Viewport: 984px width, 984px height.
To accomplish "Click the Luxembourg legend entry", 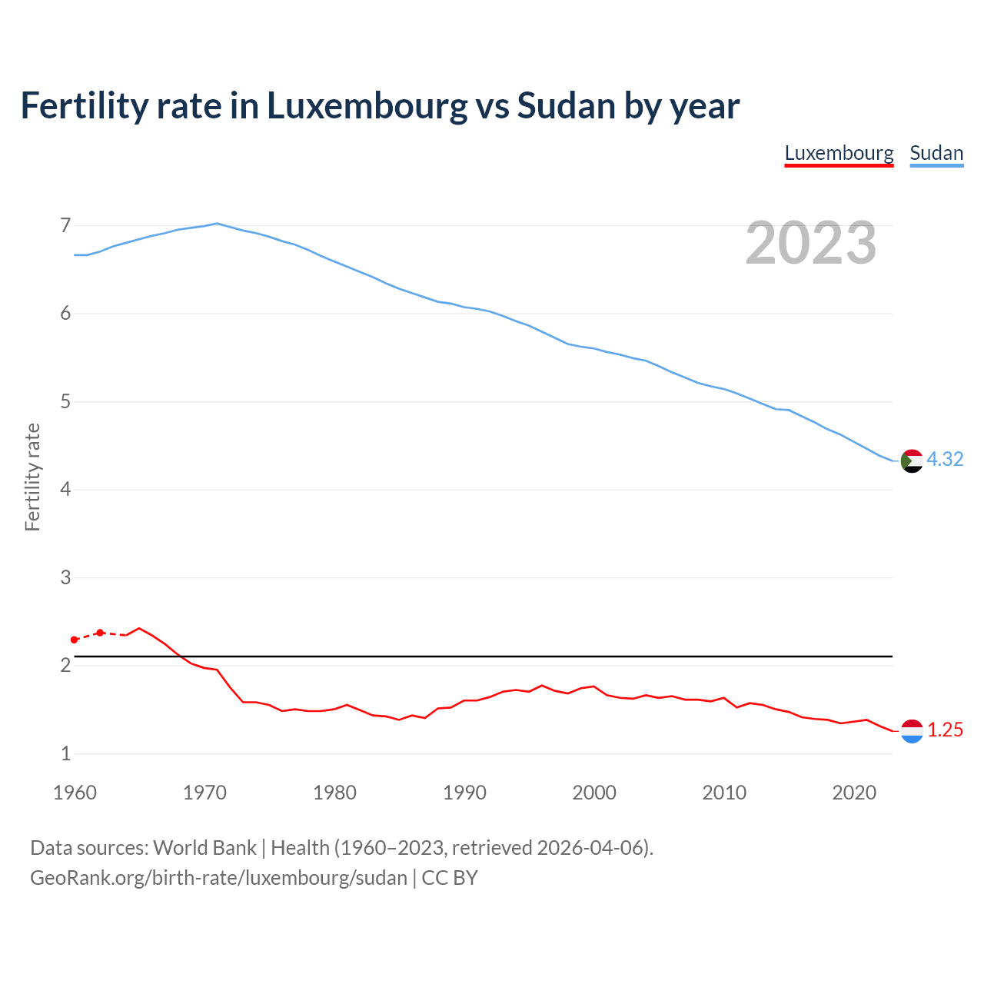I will click(839, 153).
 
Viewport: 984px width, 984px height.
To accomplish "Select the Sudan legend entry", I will click(936, 153).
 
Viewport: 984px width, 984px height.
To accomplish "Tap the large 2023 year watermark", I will click(811, 243).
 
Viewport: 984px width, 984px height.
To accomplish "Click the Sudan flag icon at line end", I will click(912, 461).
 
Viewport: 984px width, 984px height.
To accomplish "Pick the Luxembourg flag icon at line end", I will click(912, 731).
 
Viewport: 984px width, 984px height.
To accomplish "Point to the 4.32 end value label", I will click(945, 459).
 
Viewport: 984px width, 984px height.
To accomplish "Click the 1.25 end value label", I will click(945, 730).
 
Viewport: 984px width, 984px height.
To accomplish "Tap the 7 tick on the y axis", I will click(65, 225).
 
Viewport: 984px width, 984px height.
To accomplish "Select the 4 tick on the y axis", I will click(65, 489).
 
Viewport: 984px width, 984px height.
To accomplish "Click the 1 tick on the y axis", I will click(65, 753).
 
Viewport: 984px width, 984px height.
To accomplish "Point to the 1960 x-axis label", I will click(75, 793).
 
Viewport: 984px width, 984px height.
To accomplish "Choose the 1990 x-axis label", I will click(464, 793).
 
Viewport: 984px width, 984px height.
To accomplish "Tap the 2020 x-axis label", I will click(854, 793).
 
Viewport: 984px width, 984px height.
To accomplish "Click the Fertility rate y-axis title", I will click(32, 477).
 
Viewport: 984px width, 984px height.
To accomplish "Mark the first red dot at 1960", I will click(75, 640).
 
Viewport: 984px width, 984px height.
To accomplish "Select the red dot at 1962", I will click(100, 633).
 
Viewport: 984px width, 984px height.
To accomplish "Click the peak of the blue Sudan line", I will click(217, 224).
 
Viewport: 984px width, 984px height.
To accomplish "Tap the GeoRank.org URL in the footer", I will click(218, 877).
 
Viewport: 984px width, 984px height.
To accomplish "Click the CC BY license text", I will click(450, 877).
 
